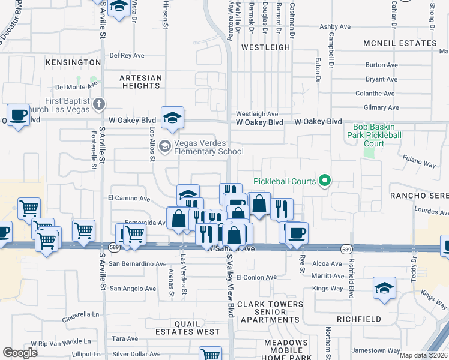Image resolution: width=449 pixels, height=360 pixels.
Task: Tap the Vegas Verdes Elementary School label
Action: coord(200,148)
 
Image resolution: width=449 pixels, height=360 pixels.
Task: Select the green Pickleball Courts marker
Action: coord(325,180)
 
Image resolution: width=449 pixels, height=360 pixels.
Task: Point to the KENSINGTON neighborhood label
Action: coord(72,62)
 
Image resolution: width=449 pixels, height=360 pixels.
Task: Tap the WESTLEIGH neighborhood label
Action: coord(261,46)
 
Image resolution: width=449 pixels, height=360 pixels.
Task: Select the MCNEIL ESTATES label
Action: coord(400,43)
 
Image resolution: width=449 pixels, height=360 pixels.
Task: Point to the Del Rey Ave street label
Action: coord(127,56)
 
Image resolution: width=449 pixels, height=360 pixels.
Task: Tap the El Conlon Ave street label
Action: coord(256,277)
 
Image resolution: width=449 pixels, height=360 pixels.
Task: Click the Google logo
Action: coord(20,353)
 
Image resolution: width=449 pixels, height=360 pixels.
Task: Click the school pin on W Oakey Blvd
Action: coord(172,118)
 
